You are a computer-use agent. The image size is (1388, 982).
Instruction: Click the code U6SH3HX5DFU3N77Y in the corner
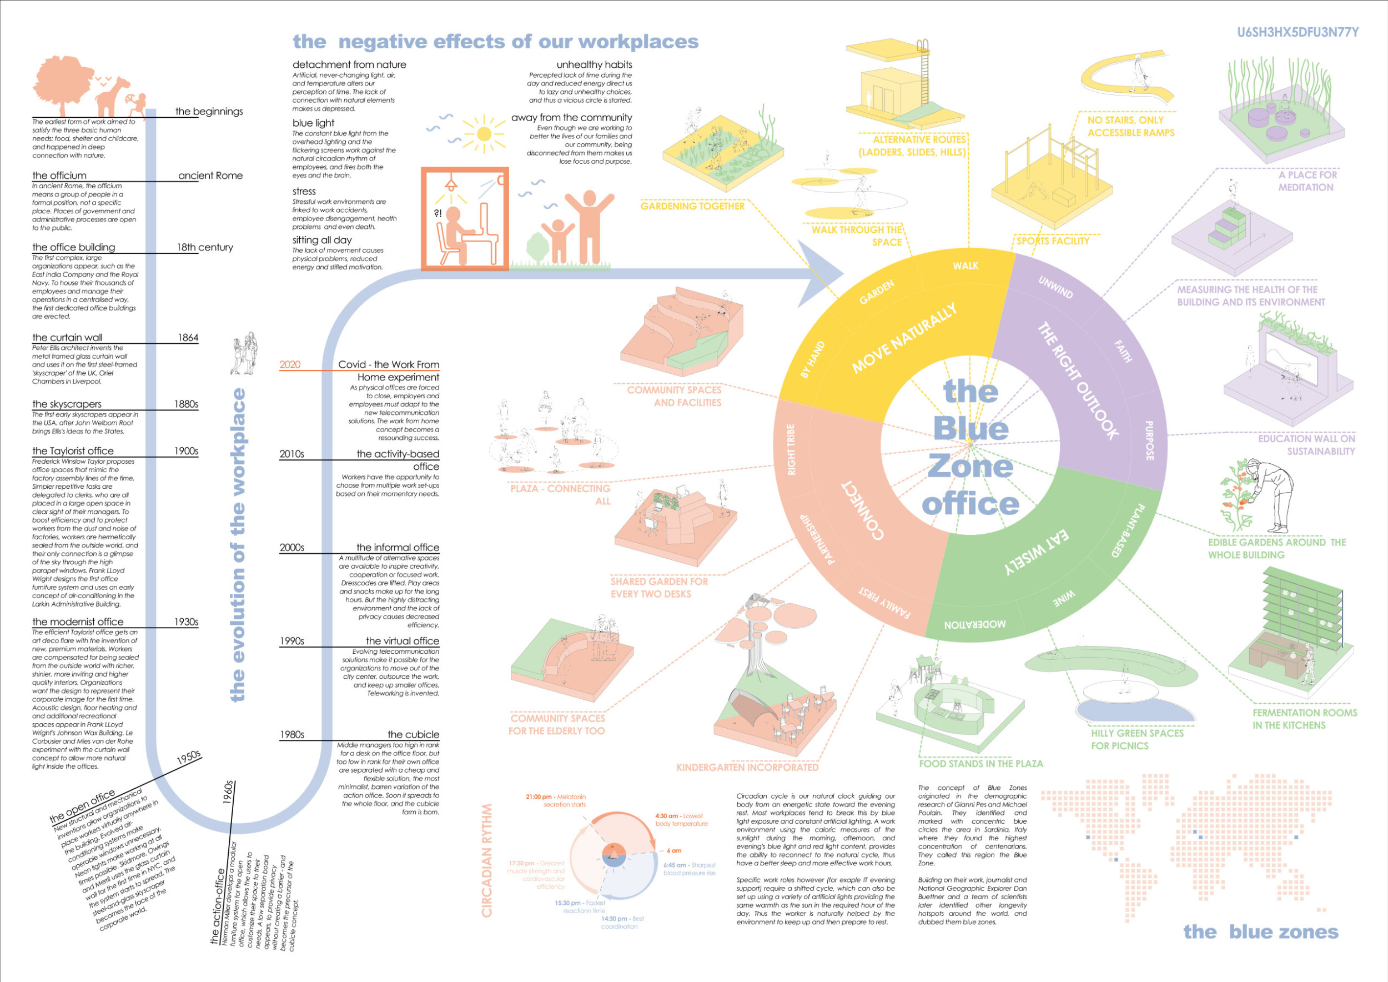tap(1298, 32)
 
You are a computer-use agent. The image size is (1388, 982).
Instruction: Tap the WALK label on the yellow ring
tap(965, 266)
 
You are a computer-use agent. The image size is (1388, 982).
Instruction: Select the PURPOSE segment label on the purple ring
tap(1149, 440)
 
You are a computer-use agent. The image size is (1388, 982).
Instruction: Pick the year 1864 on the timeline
tap(188, 337)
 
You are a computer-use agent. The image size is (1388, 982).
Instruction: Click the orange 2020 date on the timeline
tap(290, 364)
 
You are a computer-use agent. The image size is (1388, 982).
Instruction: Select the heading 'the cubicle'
tap(413, 734)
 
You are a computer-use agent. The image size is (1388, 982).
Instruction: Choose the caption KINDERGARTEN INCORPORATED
tap(747, 768)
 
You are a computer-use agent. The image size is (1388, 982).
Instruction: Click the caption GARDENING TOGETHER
tap(692, 206)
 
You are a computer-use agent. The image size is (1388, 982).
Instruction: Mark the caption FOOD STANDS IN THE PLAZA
tap(980, 764)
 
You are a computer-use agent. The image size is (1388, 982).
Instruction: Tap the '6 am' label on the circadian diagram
tap(673, 850)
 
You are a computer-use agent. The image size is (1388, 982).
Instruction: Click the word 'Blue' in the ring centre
tap(970, 429)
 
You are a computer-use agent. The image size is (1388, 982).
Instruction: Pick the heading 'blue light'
tap(313, 123)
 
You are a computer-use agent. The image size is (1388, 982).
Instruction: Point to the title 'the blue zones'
tap(1260, 932)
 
